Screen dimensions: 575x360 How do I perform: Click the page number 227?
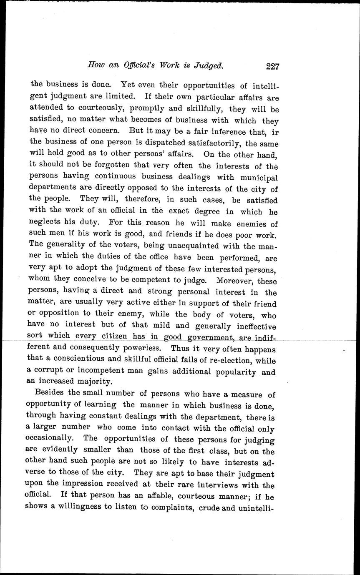271,65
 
